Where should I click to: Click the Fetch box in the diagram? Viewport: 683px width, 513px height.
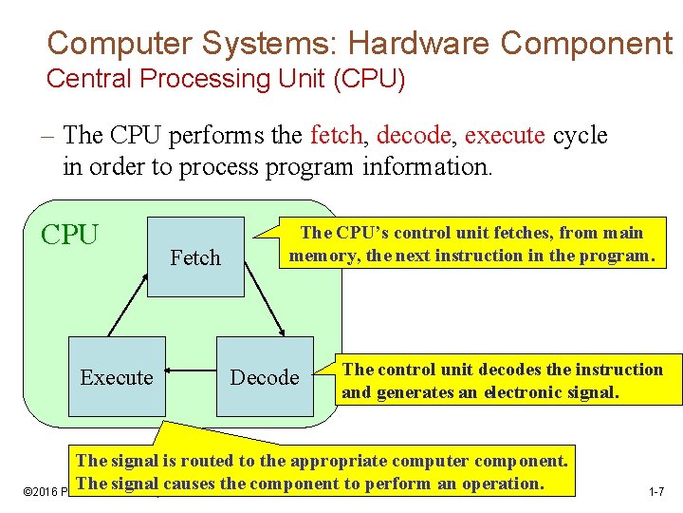[195, 257]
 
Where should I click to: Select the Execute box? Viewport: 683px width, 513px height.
[117, 377]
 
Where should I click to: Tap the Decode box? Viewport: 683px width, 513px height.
[265, 377]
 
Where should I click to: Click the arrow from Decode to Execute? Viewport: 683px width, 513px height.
[191, 377]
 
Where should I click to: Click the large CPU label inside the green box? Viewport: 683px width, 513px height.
[71, 235]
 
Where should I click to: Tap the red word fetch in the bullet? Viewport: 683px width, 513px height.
[336, 136]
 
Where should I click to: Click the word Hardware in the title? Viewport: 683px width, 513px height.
[419, 43]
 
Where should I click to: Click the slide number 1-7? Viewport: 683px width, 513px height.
[655, 492]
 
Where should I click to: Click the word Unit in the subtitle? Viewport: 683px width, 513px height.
[284, 79]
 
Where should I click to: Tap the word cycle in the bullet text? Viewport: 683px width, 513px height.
[580, 136]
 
